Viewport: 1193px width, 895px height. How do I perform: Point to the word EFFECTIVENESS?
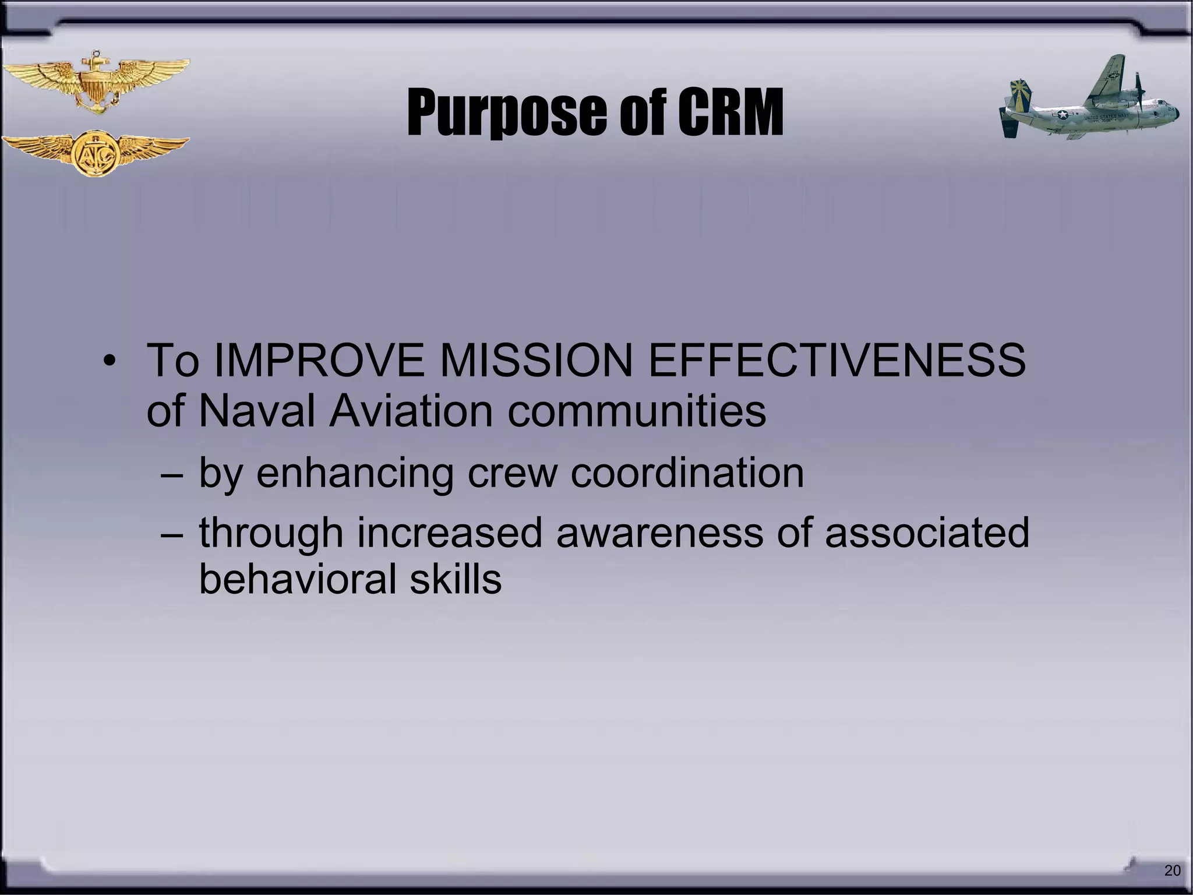coord(836,361)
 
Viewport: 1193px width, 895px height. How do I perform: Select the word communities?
coord(636,411)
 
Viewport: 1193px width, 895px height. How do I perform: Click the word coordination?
coord(687,473)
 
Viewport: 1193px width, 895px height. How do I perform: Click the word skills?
coord(455,579)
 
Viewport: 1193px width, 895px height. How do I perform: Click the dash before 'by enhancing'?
coord(171,474)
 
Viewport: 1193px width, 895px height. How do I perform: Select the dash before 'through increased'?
coord(171,534)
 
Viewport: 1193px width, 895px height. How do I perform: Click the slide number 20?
coord(1172,871)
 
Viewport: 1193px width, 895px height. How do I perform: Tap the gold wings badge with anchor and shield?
coord(95,82)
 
